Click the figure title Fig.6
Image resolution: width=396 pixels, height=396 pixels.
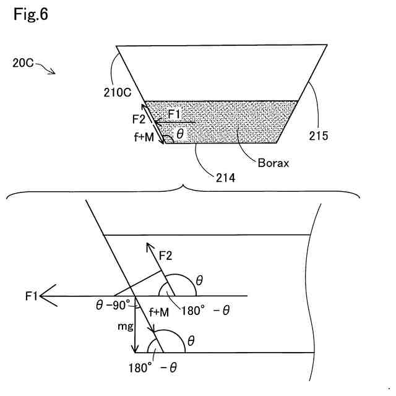point(30,14)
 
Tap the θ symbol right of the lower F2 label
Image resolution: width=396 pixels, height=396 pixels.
point(199,280)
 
